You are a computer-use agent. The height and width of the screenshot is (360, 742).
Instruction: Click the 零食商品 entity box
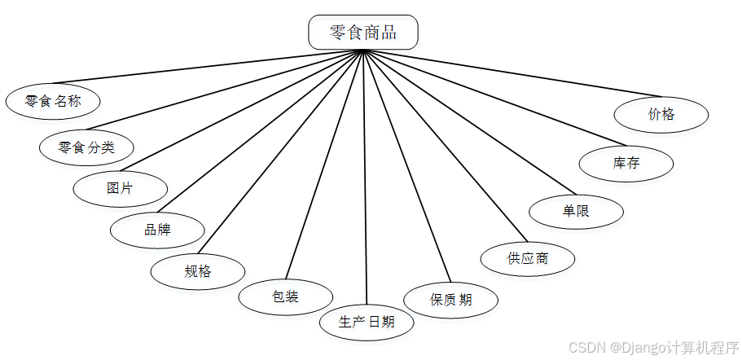363,33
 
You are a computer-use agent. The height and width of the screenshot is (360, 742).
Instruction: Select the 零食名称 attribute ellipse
53,102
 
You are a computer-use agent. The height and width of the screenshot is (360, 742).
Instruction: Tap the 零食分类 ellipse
87,147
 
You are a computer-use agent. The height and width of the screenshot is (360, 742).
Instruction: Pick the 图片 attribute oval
120,188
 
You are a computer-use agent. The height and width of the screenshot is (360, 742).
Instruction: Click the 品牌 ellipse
157,230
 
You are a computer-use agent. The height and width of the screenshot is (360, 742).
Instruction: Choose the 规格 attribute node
198,271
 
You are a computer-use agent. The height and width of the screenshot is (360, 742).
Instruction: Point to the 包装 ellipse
285,296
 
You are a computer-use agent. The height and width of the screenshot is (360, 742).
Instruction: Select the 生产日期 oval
367,322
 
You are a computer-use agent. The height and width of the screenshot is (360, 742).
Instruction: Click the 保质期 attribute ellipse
451,300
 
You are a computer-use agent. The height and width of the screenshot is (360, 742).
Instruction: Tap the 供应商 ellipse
528,259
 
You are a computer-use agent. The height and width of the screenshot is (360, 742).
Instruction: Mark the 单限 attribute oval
576,211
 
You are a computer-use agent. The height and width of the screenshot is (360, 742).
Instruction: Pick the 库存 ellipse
626,163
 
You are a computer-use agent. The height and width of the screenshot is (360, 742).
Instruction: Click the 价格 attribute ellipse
661,114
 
